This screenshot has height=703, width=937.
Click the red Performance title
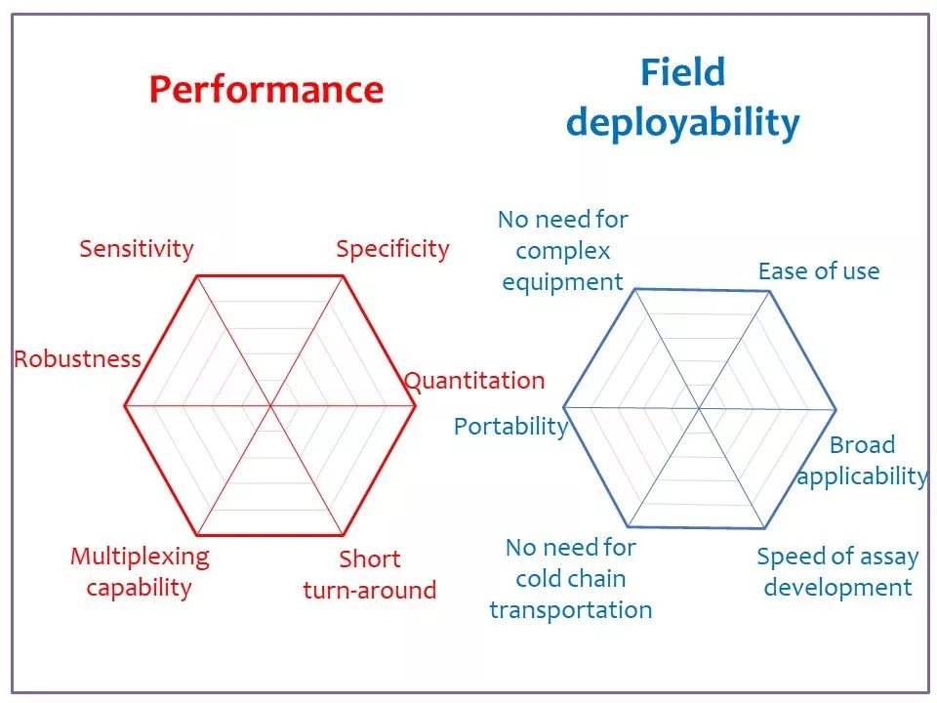[265, 90]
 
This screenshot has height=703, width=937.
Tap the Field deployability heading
[682, 99]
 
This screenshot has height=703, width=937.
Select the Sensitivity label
[137, 249]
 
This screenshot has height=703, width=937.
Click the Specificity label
[392, 249]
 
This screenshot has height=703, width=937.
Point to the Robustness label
[78, 358]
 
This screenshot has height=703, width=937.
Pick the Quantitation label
[474, 381]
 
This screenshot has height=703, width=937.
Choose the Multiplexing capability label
[140, 571]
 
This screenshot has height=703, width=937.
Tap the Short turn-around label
[370, 574]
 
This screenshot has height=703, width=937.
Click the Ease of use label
[819, 271]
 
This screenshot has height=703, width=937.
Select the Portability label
[510, 427]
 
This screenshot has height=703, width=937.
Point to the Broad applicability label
[862, 460]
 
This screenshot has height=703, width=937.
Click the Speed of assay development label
[837, 571]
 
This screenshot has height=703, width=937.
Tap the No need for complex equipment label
[563, 251]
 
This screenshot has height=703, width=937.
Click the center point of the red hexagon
[270, 406]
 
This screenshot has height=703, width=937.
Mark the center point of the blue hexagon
[699, 409]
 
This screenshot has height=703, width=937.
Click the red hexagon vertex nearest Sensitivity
[197, 276]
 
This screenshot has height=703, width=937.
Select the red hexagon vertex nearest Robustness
[125, 406]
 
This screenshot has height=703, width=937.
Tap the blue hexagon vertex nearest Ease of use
[769, 292]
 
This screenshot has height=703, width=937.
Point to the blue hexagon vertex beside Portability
[564, 408]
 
